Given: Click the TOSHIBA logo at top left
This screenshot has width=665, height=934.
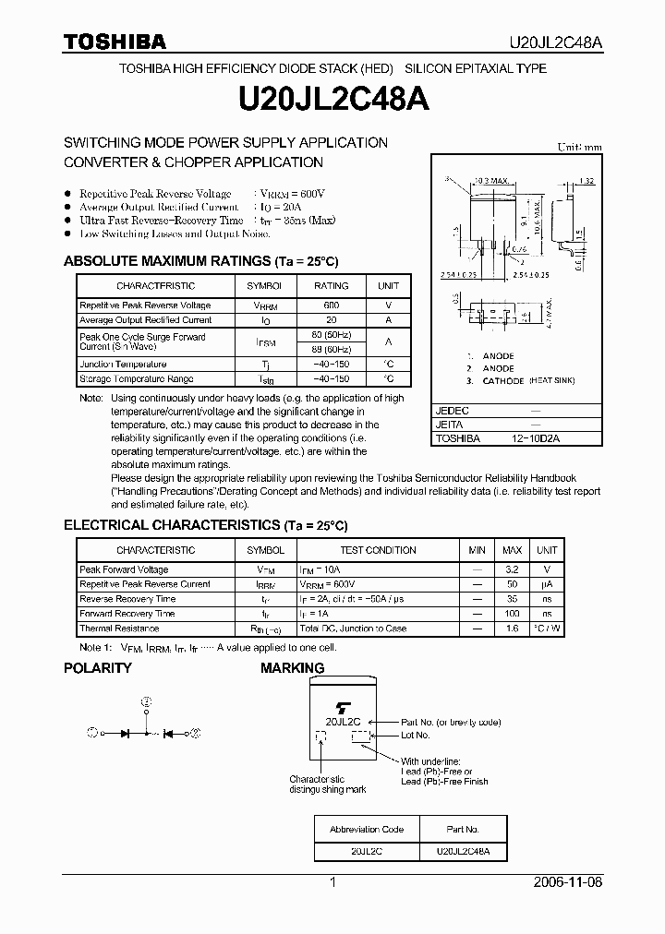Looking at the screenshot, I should [115, 42].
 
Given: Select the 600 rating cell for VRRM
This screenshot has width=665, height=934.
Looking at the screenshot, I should [332, 305].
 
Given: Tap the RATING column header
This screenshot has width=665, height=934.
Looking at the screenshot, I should [332, 286].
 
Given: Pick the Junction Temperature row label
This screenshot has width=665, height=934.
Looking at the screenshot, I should [123, 365].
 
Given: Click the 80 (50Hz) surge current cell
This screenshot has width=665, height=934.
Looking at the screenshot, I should [332, 334].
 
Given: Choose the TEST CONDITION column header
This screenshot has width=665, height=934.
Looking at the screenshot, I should [378, 550].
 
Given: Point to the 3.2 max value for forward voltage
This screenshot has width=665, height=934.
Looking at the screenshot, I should [512, 569].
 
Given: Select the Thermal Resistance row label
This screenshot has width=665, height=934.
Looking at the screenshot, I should [119, 629].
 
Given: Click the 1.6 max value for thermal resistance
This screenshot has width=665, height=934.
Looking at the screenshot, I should [512, 629].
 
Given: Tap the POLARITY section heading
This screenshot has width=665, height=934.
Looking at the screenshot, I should [97, 668].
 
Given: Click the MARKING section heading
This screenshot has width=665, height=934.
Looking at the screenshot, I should [292, 668].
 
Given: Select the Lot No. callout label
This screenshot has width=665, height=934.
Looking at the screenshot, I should [415, 736].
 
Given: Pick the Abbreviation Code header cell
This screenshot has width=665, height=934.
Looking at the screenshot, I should [367, 829].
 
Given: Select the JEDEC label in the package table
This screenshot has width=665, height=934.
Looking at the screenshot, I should [453, 410].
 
